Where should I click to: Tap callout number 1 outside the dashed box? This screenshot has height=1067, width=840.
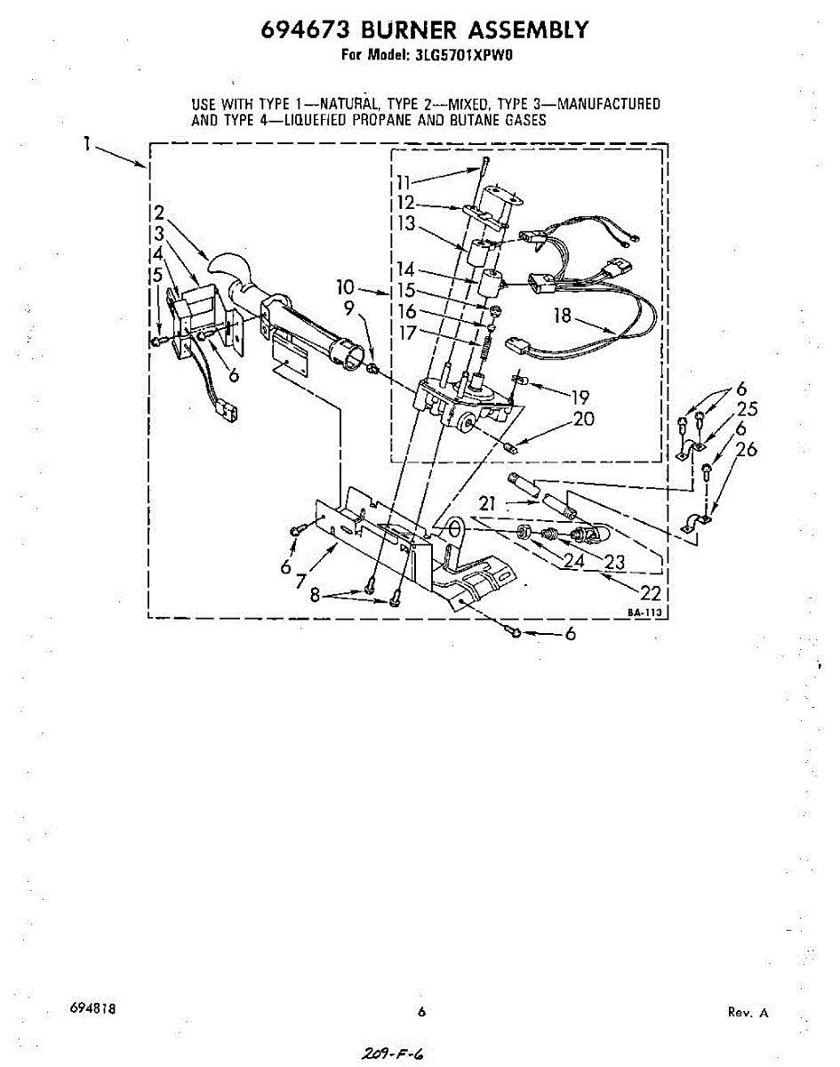(x=87, y=143)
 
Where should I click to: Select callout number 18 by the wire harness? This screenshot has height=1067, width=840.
(x=562, y=315)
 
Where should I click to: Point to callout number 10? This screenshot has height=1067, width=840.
(x=346, y=287)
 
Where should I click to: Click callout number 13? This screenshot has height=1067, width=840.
(x=407, y=224)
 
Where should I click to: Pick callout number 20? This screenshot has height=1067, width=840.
(x=583, y=419)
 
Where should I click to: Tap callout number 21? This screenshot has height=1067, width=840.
(x=487, y=504)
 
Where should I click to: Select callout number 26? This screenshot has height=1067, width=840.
(x=746, y=450)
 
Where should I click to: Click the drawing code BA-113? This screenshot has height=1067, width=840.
(x=646, y=613)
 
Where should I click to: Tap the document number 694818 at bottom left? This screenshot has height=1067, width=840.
(x=92, y=1010)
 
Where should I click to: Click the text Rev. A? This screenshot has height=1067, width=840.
(x=748, y=1012)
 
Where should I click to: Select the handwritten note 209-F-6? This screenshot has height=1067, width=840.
(x=393, y=1053)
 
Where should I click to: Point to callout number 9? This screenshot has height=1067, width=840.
(x=349, y=308)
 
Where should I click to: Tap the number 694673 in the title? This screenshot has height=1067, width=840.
(x=297, y=30)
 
